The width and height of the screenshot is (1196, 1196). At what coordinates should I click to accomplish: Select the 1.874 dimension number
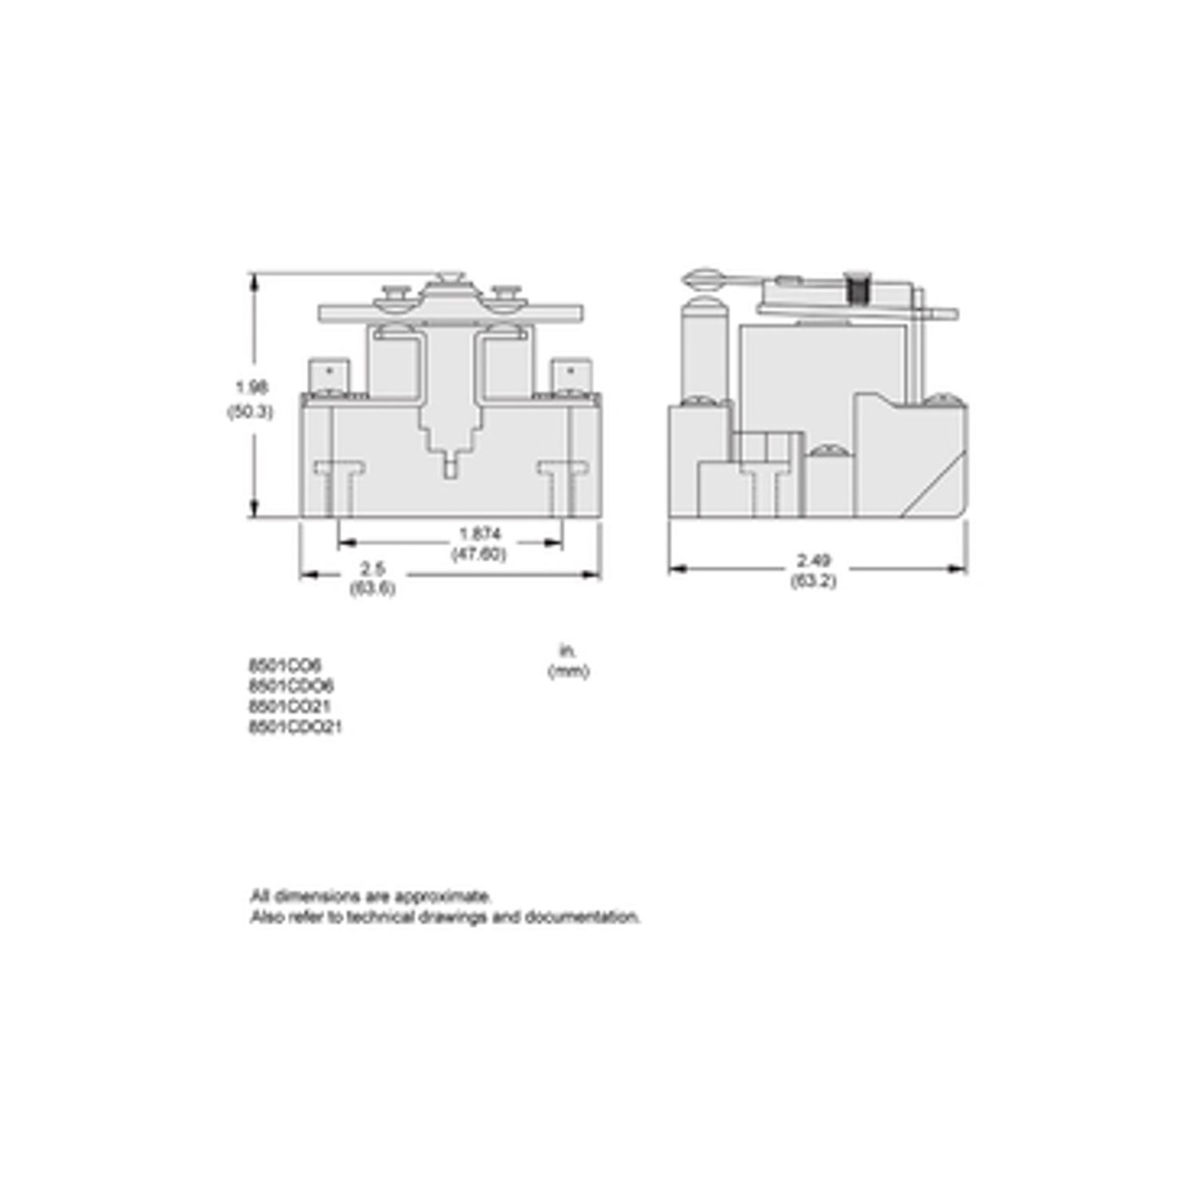pyautogui.click(x=479, y=534)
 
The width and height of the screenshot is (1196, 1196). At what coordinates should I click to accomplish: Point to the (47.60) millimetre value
pyautogui.click(x=479, y=554)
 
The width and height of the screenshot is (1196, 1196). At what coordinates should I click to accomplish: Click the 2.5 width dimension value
pyautogui.click(x=373, y=568)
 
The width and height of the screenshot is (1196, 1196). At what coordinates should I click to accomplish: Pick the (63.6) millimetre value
pyautogui.click(x=373, y=588)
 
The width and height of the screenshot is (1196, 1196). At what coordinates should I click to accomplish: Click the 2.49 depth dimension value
pyautogui.click(x=812, y=561)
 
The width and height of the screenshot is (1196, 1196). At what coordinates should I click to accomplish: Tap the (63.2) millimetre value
pyautogui.click(x=812, y=581)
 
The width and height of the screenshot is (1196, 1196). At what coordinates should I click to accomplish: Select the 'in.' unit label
pyautogui.click(x=568, y=650)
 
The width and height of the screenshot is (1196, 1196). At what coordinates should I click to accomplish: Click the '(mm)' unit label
pyautogui.click(x=568, y=671)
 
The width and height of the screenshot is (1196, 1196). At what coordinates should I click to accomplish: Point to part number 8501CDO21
pyautogui.click(x=295, y=728)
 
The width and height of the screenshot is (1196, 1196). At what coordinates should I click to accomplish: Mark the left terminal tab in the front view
pyautogui.click(x=330, y=378)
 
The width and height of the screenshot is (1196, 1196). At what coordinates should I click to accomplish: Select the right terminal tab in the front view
pyautogui.click(x=571, y=378)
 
